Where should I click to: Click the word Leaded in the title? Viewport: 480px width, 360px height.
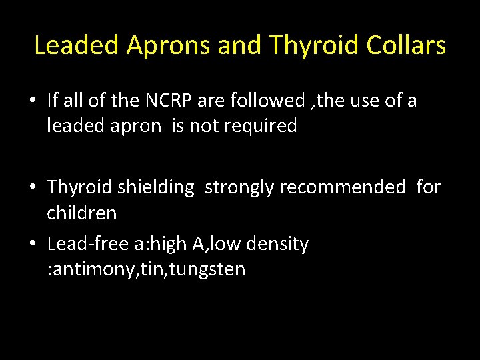coord(75,45)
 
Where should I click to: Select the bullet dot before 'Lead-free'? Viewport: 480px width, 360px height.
coord(32,245)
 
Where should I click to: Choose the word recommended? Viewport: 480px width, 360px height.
coord(341,187)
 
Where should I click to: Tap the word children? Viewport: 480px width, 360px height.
coord(81,213)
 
